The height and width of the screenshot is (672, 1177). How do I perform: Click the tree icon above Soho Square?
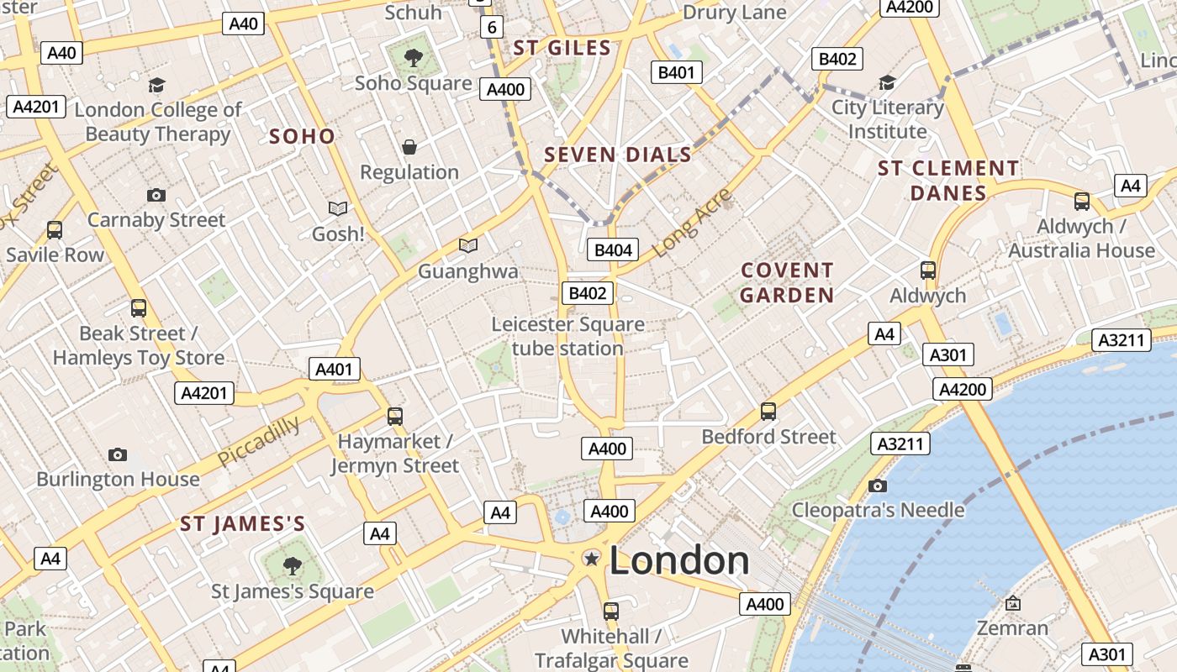[x=413, y=57]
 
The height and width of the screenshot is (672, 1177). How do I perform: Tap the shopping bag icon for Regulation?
[x=409, y=147]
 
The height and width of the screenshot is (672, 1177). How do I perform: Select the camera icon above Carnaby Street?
[x=156, y=195]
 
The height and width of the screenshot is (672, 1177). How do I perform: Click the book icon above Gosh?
[x=338, y=207]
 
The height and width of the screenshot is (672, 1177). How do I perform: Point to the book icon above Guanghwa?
[x=468, y=245]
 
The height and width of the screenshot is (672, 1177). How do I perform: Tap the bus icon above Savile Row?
[x=55, y=229]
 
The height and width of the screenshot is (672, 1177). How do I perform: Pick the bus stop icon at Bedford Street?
[x=768, y=411]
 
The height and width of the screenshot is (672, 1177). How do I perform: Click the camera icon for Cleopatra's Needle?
[x=878, y=486]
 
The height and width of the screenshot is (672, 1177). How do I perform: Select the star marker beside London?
[x=592, y=559]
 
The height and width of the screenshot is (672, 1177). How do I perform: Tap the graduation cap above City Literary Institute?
[x=887, y=82]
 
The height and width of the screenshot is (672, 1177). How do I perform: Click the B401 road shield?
[x=676, y=72]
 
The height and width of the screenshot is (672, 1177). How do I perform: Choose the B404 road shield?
[x=613, y=249]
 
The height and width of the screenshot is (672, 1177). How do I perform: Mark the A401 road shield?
[x=335, y=369]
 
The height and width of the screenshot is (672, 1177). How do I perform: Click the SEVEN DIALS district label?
[x=618, y=155]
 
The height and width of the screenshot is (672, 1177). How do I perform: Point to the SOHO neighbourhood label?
[x=302, y=136]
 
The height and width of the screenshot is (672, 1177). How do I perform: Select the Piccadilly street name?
[x=259, y=441]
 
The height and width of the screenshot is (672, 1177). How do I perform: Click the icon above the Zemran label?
[x=1013, y=603]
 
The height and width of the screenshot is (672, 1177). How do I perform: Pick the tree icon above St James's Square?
[x=292, y=565]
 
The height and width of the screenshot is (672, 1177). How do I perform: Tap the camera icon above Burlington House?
[x=118, y=454]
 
